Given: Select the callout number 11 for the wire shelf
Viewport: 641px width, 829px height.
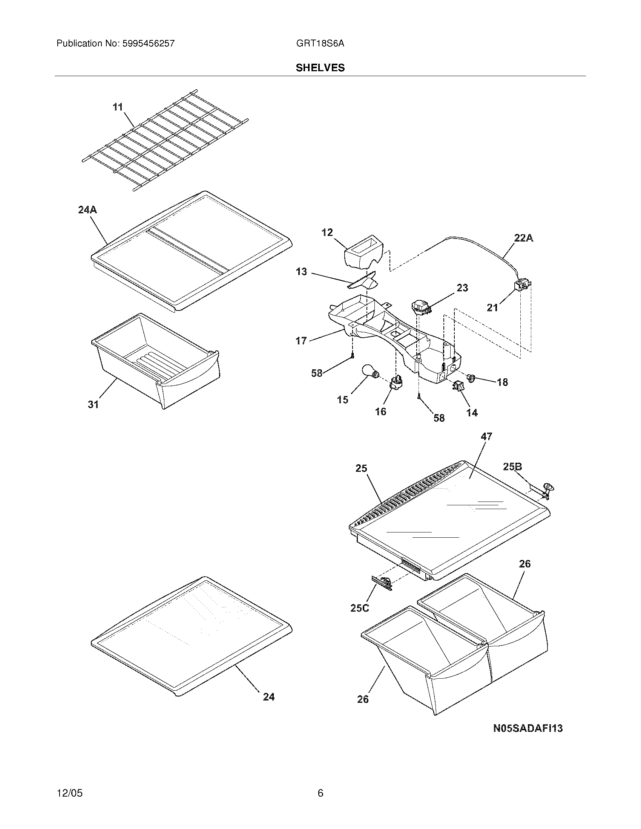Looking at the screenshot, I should click(x=118, y=107).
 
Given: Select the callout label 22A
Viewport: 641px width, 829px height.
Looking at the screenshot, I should click(x=523, y=238).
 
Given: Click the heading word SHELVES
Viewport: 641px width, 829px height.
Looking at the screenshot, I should click(x=320, y=68).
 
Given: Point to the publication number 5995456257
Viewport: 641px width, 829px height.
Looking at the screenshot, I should click(x=149, y=43).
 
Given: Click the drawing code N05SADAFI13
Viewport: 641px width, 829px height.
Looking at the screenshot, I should click(x=528, y=728).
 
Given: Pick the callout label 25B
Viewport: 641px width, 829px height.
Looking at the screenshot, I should click(x=513, y=467).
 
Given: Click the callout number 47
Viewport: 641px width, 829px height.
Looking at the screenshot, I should click(x=486, y=436).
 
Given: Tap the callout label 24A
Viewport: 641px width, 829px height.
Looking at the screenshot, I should click(x=88, y=210).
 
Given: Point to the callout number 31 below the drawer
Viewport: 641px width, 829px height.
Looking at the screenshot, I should click(x=94, y=405).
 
